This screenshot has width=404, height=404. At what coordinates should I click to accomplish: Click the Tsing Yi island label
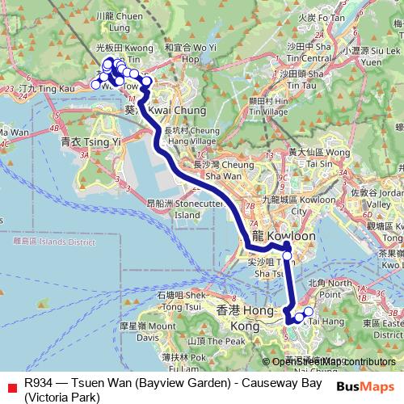point(90,141)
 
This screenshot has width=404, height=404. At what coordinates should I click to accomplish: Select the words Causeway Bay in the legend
point(284,381)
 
